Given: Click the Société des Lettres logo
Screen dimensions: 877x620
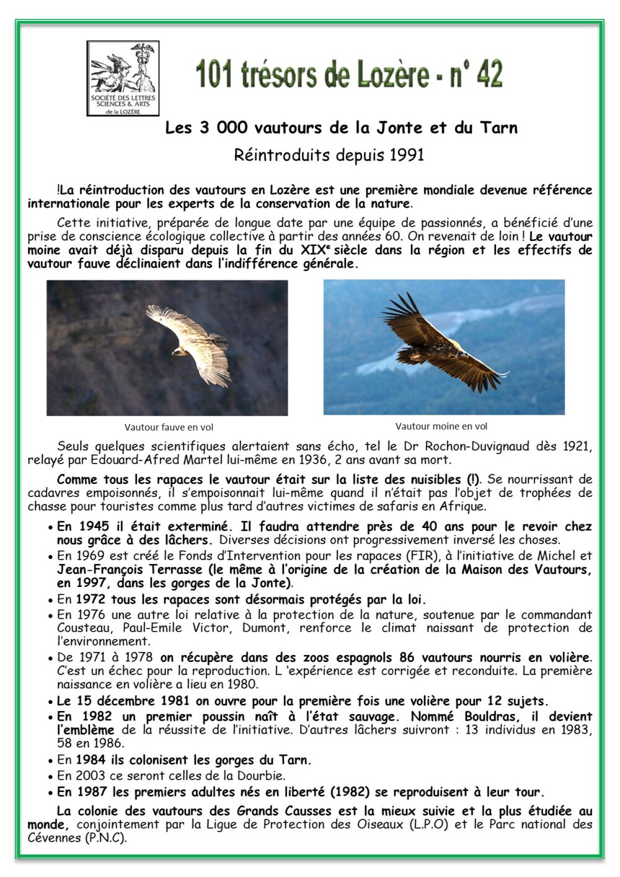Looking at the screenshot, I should (123, 78).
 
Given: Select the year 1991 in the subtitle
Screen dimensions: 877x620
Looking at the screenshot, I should (407, 155).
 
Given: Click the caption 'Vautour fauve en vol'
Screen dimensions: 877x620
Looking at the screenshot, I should (169, 427).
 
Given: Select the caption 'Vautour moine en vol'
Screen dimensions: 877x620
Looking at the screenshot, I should (441, 426).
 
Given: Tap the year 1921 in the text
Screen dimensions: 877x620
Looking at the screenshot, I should (577, 446).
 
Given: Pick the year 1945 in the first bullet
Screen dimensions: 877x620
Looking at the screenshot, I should (94, 527).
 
